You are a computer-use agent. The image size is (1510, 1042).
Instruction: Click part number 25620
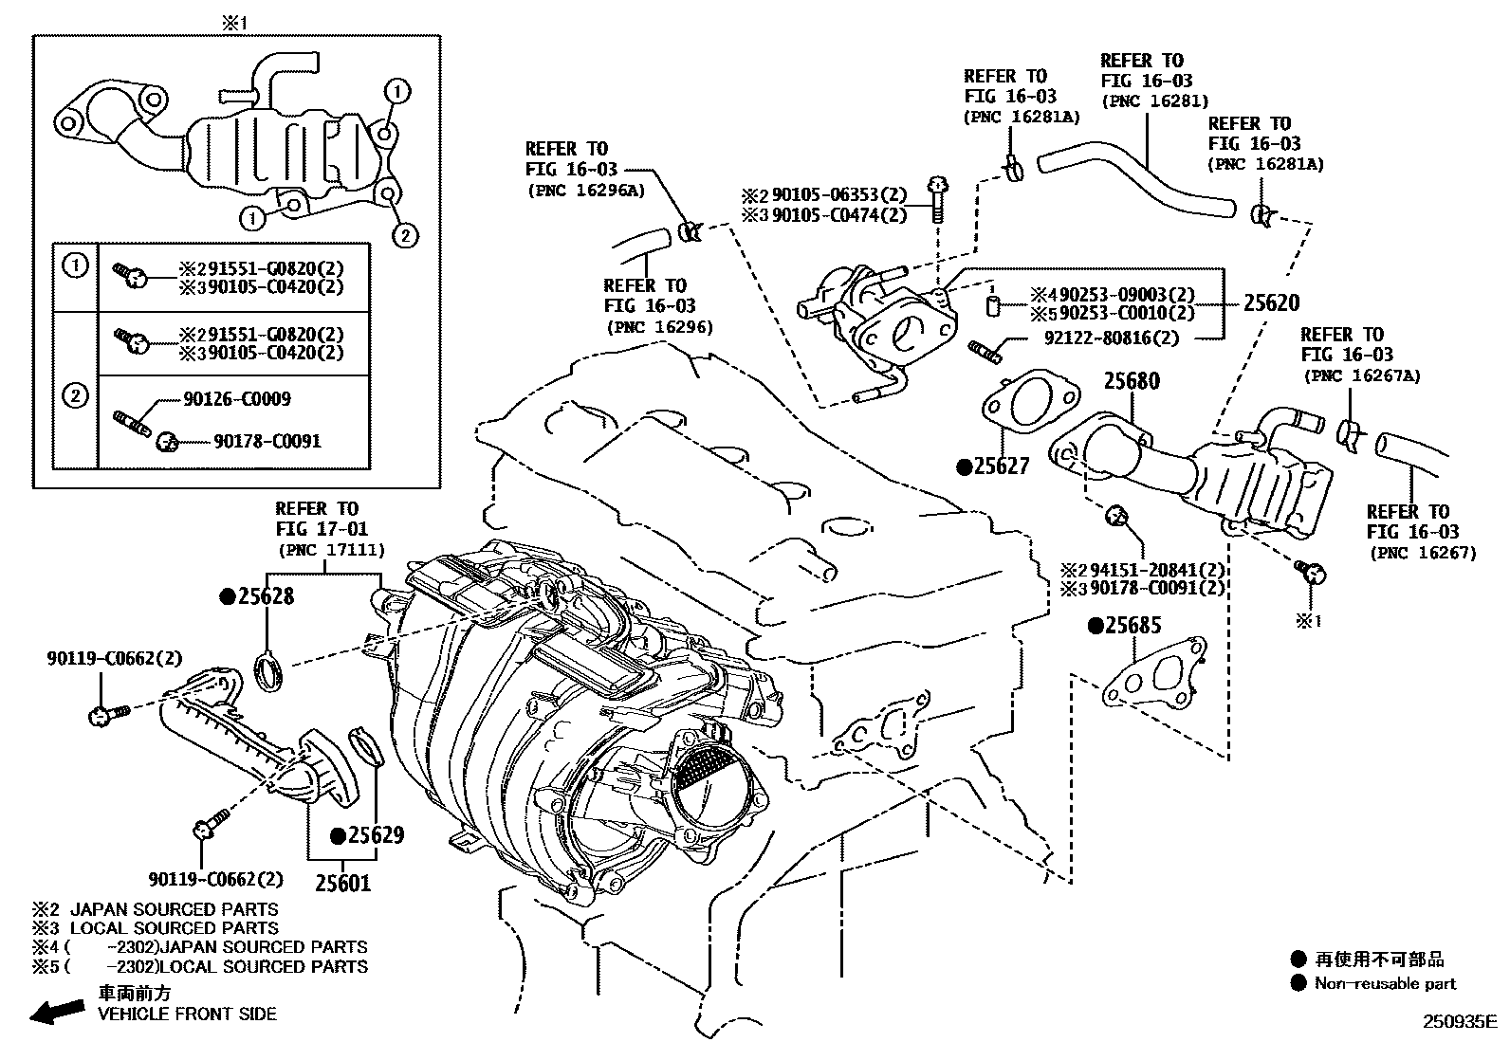click(x=1271, y=303)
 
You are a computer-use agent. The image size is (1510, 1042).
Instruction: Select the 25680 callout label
click(x=1132, y=381)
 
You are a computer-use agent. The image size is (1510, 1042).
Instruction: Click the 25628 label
click(x=266, y=596)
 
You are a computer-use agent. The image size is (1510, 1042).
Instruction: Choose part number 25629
click(x=376, y=835)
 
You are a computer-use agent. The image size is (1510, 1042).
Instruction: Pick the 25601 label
click(x=342, y=884)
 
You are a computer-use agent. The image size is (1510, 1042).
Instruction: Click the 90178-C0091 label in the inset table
click(x=267, y=441)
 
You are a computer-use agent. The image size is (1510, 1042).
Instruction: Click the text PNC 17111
click(x=331, y=549)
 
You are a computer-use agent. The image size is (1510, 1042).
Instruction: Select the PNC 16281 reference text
click(x=1154, y=101)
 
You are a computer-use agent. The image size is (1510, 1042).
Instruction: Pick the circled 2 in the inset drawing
click(x=405, y=234)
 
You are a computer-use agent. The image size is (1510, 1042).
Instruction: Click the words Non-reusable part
click(x=1385, y=983)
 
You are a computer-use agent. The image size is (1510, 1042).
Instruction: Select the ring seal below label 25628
click(x=270, y=671)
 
